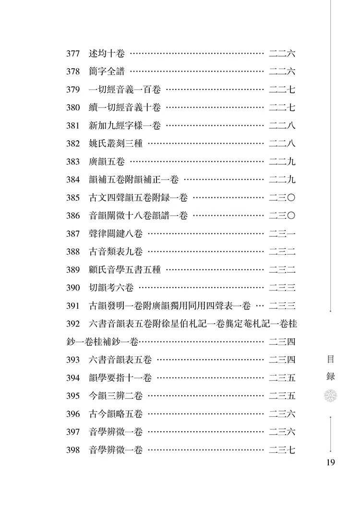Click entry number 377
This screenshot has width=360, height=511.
point(73,53)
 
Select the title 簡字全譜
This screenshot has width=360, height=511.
point(107,72)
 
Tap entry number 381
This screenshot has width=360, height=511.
point(73,125)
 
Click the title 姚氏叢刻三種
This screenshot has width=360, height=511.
point(116,144)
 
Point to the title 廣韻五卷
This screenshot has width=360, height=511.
point(107,162)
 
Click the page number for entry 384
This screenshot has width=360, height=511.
point(282,180)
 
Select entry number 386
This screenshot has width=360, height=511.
point(73,216)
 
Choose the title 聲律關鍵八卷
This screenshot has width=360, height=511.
point(116,234)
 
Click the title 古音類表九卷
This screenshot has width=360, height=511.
point(116,252)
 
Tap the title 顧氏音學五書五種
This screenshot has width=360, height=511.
point(125,269)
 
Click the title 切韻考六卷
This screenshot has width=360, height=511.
point(111,288)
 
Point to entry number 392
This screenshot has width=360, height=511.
point(73,324)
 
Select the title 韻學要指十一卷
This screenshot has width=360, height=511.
point(120,377)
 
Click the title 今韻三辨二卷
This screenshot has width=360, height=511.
point(116,396)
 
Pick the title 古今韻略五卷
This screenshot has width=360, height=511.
point(116,414)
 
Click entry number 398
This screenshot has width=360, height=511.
point(73,450)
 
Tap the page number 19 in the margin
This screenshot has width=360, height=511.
point(330,462)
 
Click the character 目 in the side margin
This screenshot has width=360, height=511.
point(330,359)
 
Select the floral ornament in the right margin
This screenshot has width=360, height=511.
point(330,396)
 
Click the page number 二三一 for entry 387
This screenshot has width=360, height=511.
point(282,234)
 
